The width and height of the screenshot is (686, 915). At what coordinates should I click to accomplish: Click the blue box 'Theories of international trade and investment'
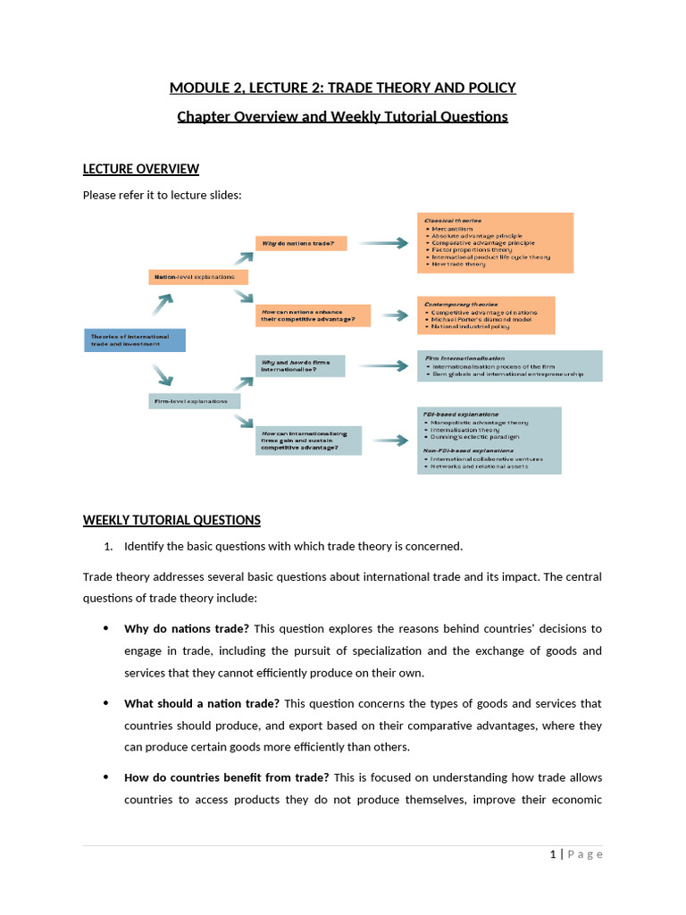134,340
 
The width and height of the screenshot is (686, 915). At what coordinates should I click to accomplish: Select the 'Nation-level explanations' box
197,277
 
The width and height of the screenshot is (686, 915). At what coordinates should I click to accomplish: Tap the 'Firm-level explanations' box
194,401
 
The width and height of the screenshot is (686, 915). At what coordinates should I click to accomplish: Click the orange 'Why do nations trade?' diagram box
300,242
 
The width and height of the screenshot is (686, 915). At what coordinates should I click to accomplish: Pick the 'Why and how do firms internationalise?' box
299,365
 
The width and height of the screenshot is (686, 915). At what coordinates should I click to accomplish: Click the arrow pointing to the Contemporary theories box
392,315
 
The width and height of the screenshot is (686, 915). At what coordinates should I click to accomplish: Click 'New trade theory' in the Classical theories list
460,265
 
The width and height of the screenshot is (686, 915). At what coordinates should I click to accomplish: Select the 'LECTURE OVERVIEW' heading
141,169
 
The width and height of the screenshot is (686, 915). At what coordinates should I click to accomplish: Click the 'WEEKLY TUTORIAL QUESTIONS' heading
171,520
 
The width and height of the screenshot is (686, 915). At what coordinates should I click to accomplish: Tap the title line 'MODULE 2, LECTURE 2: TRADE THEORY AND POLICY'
343,88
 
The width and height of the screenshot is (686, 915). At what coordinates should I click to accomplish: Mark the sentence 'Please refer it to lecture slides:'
162,195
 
